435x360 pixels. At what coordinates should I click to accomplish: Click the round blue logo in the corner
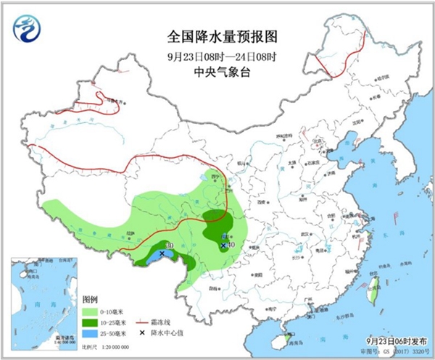pos(27,29)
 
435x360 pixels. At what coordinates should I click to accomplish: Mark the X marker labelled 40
pos(223,246)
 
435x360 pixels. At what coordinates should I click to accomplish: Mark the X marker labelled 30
pos(161,254)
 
